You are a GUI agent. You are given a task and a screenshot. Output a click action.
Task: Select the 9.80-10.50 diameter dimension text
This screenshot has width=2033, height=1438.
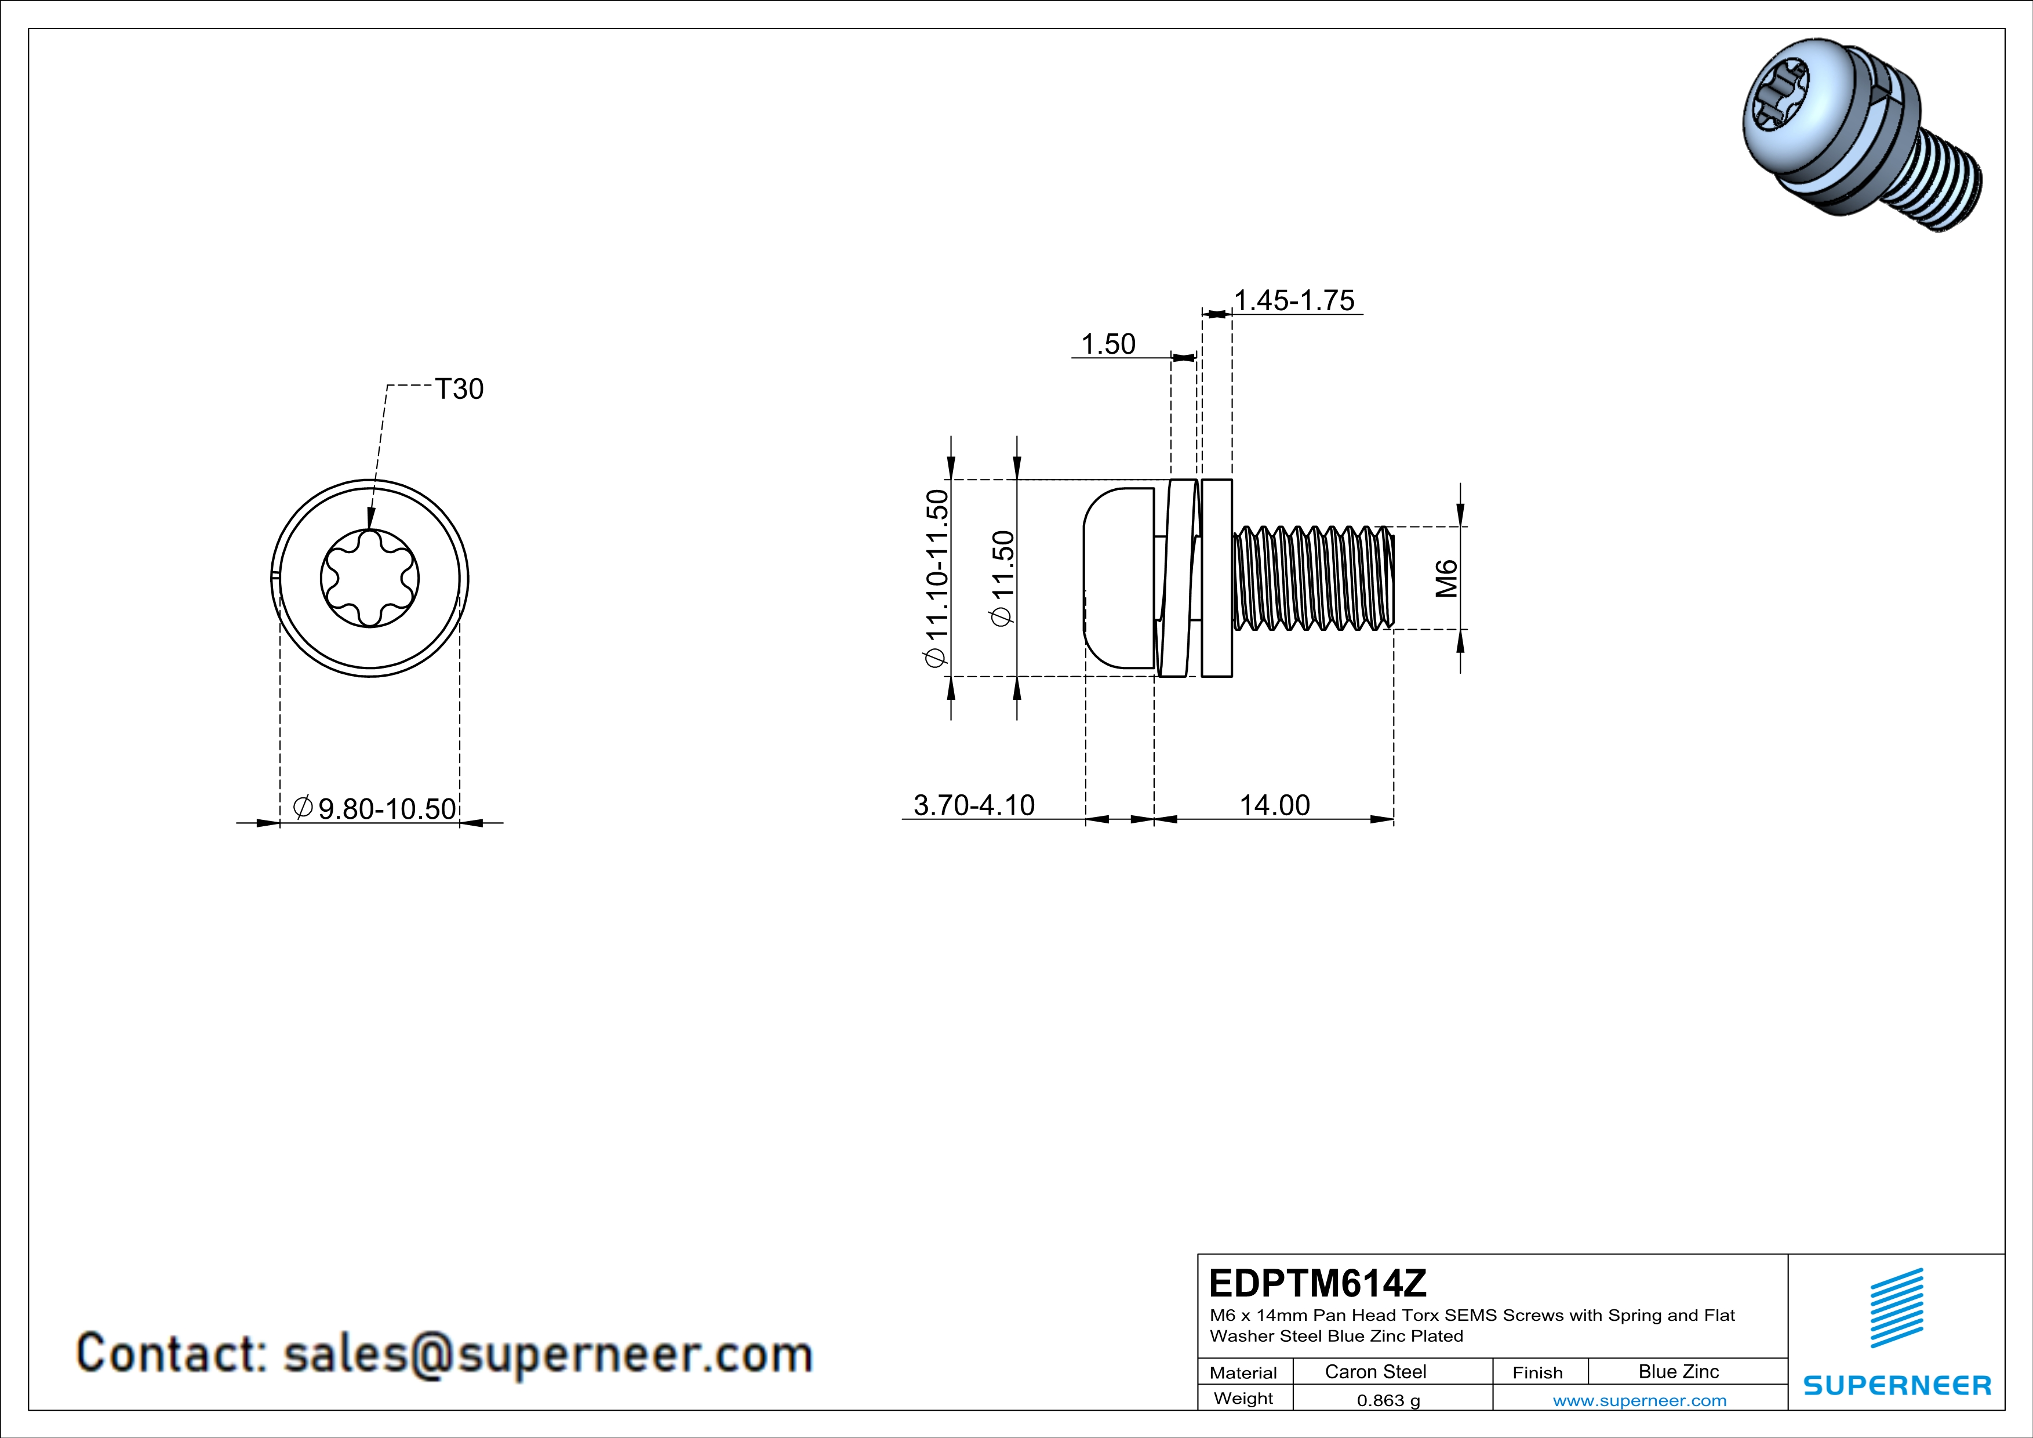pos(387,808)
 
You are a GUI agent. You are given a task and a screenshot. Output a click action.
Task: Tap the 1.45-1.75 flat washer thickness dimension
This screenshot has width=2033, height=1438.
pos(1294,301)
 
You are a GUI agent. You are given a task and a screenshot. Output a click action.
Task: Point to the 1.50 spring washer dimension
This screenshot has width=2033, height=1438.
pos(1108,344)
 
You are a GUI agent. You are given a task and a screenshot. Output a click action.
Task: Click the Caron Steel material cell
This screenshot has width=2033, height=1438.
pos(1375,1371)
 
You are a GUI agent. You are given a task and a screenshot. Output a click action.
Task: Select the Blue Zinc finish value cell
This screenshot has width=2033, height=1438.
pos(1678,1371)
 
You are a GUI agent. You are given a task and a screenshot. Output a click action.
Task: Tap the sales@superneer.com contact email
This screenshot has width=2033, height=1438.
pos(547,1354)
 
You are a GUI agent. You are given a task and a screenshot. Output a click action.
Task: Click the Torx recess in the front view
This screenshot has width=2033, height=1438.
pos(369,579)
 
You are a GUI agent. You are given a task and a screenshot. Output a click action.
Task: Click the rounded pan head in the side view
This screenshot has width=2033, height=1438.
pos(1118,578)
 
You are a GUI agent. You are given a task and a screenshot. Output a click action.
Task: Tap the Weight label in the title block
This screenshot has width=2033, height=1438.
pos(1243,1398)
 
